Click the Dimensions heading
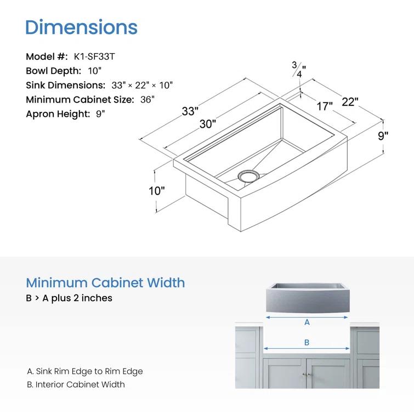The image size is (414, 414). [81, 27]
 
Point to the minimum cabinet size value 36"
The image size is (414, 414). [146, 99]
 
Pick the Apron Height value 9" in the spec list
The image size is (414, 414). [100, 114]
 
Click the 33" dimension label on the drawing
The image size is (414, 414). [190, 111]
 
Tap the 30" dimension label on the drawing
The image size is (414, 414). [207, 124]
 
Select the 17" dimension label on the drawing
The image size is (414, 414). [324, 106]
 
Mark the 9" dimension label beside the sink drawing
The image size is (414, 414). [383, 136]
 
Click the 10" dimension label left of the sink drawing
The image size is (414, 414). [157, 191]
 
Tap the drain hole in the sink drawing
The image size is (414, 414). [247, 175]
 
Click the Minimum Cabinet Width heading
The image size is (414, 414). [105, 283]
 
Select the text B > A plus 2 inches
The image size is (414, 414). [69, 298]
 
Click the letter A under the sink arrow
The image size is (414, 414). [307, 322]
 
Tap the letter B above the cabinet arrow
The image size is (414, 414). [307, 342]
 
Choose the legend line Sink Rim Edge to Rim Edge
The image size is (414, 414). [85, 371]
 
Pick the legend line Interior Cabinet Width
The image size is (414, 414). [76, 384]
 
